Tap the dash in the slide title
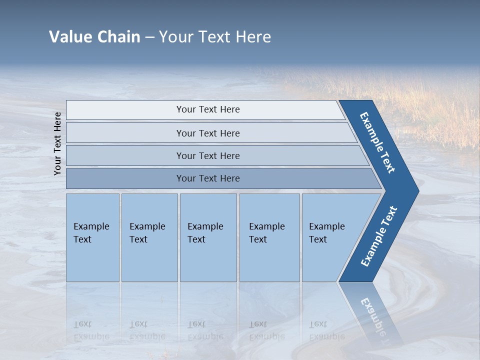coord(149,37)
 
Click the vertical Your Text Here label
coord(57,143)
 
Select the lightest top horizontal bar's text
coord(208,109)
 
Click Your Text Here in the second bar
coord(208,133)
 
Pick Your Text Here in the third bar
coord(208,155)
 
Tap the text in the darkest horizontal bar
coord(208,178)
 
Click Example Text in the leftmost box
coord(91,233)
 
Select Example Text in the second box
coord(147,233)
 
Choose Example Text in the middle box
coord(205,233)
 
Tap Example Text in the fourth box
coord(266,233)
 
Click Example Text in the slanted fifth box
coord(326,233)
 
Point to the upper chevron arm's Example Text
coord(377,142)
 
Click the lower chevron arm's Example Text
coord(378,236)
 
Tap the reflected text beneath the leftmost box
coord(91,330)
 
